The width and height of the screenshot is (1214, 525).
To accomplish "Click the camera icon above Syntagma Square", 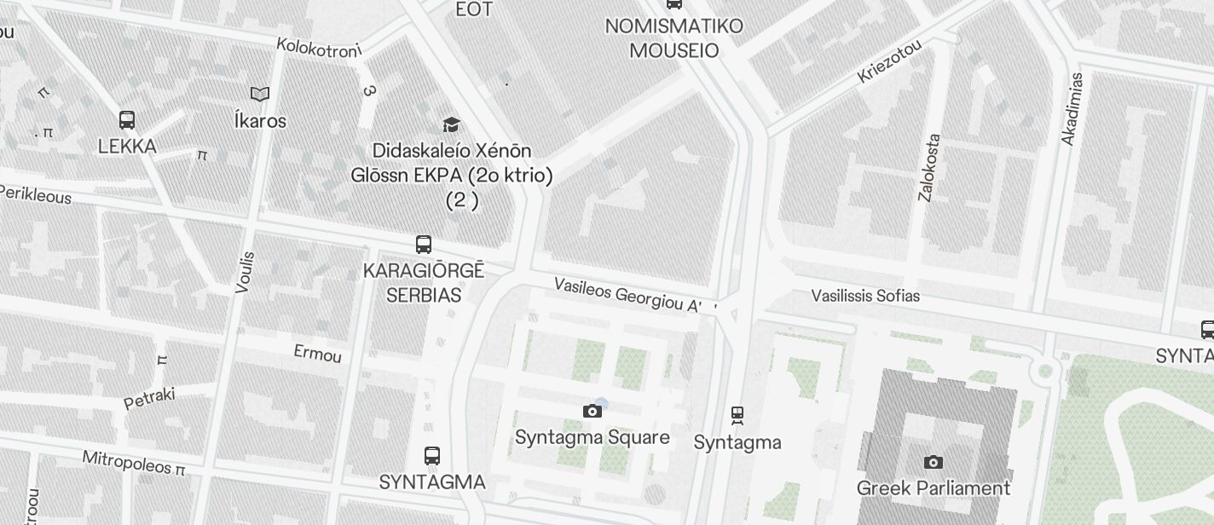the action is (x=593, y=412).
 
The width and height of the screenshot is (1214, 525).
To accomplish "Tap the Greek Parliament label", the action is (x=933, y=488).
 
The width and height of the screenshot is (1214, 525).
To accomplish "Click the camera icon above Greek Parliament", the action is (x=934, y=463).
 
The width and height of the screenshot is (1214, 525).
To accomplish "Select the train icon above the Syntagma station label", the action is (x=737, y=415).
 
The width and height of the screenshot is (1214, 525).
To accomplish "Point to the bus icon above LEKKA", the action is (x=127, y=120).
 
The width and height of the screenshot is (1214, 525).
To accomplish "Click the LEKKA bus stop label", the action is (x=127, y=147).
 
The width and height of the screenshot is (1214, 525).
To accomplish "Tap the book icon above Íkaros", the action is (x=260, y=94).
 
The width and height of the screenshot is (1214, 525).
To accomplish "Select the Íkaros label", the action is (x=260, y=120).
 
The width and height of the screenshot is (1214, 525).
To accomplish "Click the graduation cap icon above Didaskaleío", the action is (x=451, y=125).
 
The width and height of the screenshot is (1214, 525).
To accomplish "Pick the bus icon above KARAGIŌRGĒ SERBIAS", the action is (x=424, y=245).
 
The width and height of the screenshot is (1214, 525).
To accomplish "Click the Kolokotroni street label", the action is (x=320, y=49).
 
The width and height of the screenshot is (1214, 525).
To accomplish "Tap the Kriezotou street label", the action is (x=889, y=61).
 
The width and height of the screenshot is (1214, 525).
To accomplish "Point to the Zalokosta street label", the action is (x=929, y=167).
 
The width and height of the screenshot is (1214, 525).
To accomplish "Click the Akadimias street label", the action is (x=1072, y=108).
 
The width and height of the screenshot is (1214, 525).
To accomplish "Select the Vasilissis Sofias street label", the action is (x=865, y=296).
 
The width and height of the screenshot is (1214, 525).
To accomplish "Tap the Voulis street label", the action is (x=245, y=272).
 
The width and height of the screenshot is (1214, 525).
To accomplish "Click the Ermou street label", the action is (x=317, y=353).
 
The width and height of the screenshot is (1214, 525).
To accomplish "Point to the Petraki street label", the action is (x=149, y=397).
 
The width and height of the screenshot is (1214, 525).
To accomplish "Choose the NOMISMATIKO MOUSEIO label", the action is (x=673, y=38).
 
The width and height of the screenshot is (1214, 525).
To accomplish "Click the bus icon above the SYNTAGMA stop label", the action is (x=432, y=456).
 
